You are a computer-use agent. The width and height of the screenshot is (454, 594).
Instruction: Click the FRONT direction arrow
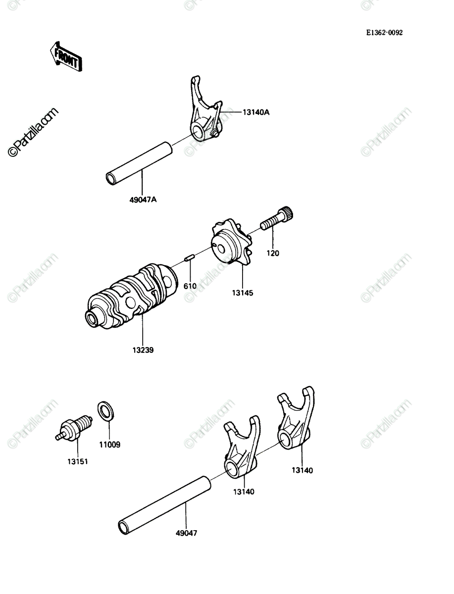(66, 57)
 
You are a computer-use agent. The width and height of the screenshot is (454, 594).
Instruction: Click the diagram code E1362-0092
(385, 33)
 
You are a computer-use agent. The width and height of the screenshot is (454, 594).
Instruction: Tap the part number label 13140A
(256, 112)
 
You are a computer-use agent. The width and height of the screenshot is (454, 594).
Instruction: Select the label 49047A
(143, 200)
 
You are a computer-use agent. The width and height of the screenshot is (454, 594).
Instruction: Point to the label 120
(273, 253)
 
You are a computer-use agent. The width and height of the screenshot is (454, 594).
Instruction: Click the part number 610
(190, 286)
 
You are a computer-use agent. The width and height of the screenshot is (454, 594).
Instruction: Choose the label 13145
(243, 293)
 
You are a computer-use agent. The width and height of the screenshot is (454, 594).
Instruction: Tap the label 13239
(143, 350)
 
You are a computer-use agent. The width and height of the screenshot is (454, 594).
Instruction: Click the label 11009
(109, 445)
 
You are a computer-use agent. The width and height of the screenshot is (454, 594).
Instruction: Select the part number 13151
(78, 462)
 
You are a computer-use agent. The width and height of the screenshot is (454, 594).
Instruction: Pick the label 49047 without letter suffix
(187, 533)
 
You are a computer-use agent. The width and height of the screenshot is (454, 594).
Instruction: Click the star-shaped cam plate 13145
(232, 242)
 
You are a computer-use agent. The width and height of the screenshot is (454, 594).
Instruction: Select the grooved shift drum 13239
(132, 297)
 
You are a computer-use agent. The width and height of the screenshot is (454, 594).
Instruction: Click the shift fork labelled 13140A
(206, 108)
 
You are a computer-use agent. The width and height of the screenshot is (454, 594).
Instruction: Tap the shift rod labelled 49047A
(139, 164)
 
